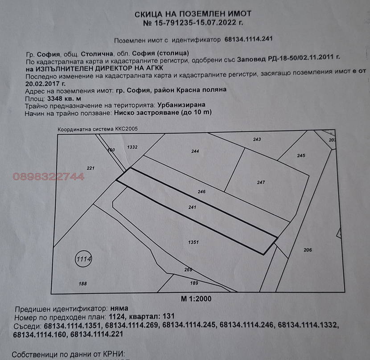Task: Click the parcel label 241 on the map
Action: (x=192, y=207)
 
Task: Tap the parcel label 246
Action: (x=201, y=192)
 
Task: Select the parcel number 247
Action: (x=261, y=182)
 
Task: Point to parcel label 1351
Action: (x=193, y=242)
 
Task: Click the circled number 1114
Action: (x=83, y=259)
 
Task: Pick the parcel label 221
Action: (x=90, y=168)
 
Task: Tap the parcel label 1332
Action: (x=132, y=147)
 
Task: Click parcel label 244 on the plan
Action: (x=195, y=151)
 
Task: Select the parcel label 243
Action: (x=257, y=139)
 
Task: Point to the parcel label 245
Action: (x=301, y=155)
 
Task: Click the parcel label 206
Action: (x=308, y=250)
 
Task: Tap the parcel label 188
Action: (x=82, y=283)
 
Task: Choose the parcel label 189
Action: (x=194, y=283)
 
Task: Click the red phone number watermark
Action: (x=49, y=177)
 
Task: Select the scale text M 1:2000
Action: (x=196, y=299)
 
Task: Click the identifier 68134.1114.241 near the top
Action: (x=248, y=39)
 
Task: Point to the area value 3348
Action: (x=54, y=98)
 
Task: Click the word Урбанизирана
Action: (x=181, y=105)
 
